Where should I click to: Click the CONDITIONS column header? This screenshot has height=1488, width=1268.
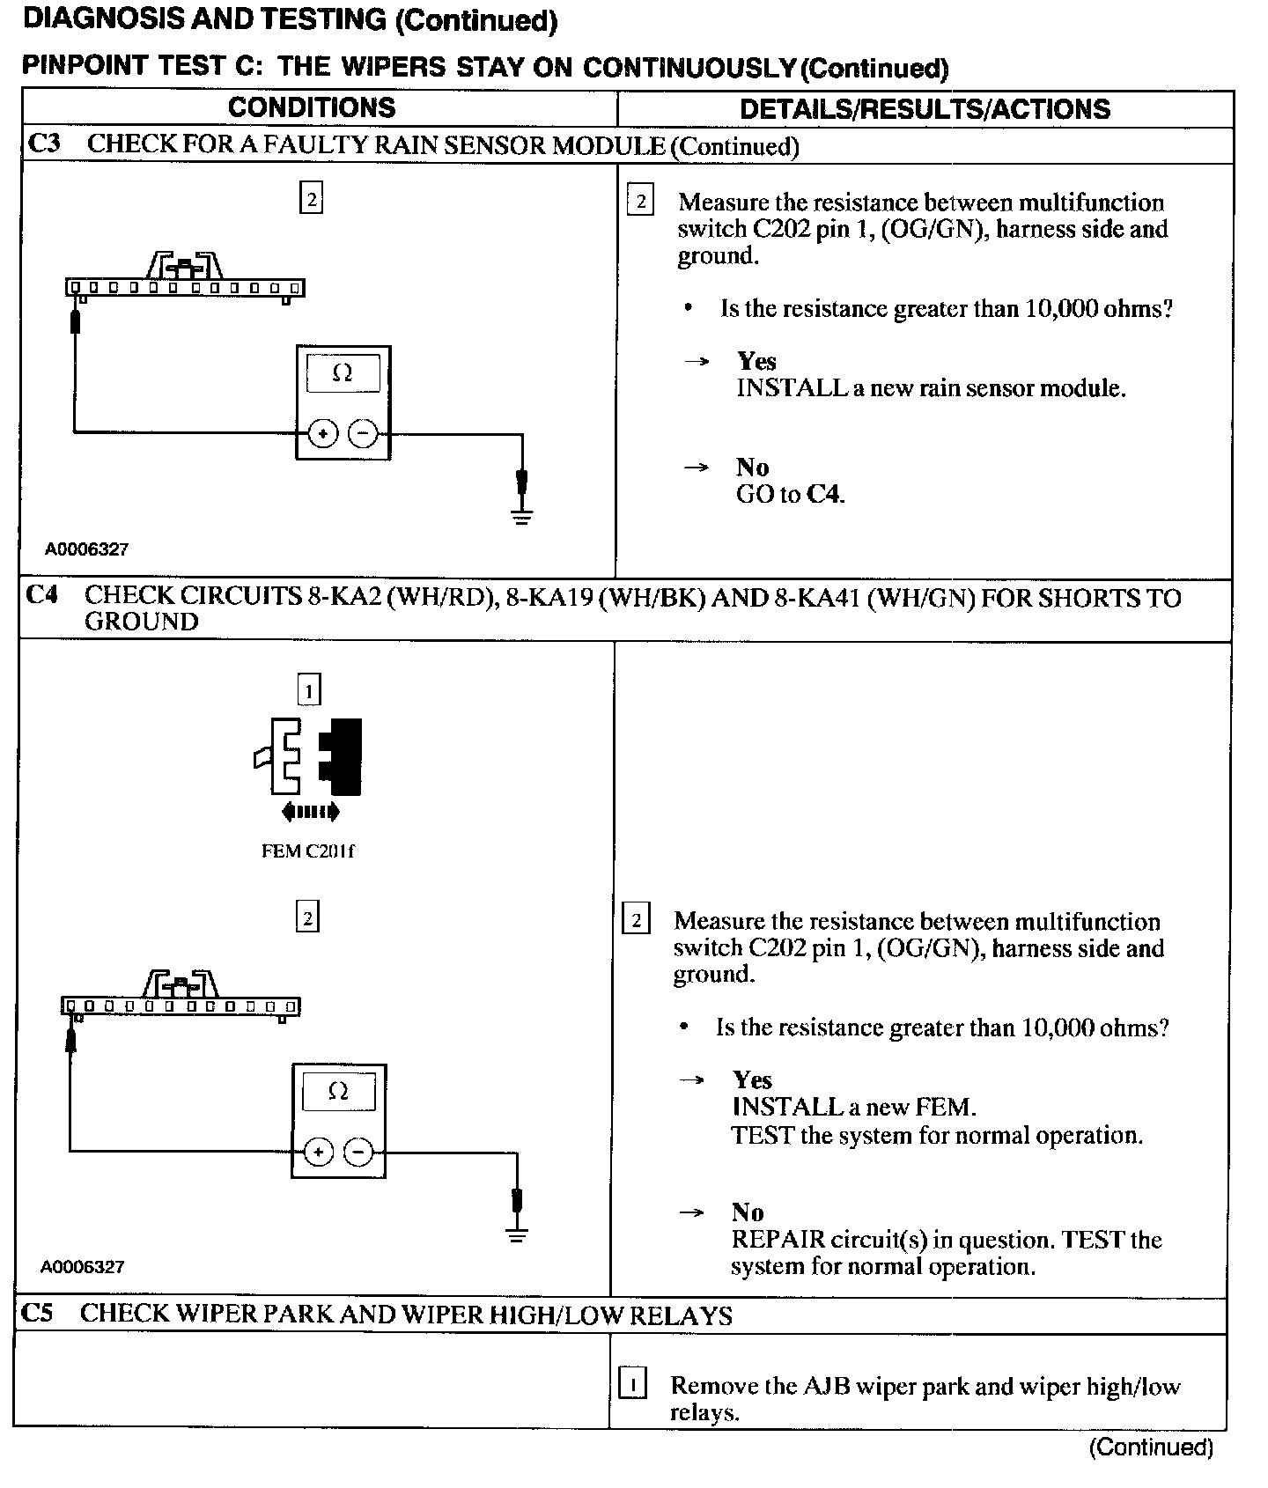[312, 107]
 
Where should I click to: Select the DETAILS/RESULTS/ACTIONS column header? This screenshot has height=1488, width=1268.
[925, 109]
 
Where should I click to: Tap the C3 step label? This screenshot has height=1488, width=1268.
[44, 144]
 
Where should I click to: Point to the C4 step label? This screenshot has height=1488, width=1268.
[42, 596]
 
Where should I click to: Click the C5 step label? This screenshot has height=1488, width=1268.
[37, 1314]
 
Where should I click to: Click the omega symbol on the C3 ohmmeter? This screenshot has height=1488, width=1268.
[343, 373]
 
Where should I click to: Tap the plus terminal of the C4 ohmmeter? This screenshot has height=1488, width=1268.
[319, 1152]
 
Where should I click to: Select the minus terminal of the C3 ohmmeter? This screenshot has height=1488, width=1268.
[364, 433]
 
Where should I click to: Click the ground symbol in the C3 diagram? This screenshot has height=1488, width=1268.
[522, 514]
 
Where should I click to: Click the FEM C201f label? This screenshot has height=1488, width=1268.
[308, 851]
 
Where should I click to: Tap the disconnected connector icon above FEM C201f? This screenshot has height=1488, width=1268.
[308, 757]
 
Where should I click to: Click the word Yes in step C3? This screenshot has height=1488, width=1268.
[756, 361]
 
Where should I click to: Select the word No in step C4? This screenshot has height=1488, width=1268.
[748, 1212]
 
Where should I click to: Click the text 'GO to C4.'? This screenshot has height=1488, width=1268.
[790, 494]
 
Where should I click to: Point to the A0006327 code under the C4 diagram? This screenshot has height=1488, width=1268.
[82, 1267]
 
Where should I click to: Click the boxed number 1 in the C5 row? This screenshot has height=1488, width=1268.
[632, 1385]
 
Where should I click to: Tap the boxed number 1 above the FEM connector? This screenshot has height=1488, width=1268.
[308, 691]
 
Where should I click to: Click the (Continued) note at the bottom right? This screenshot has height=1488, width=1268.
[1151, 1447]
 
